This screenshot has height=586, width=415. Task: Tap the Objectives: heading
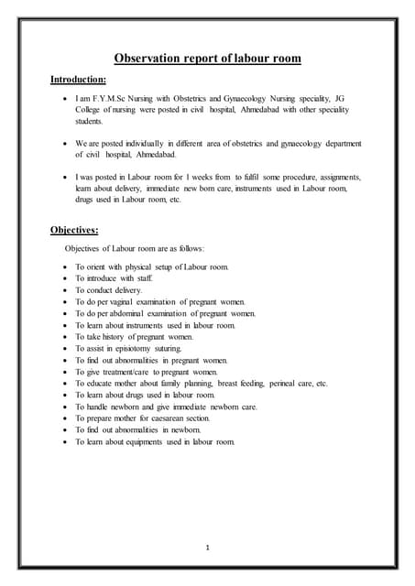tap(74, 230)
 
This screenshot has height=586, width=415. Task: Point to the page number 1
tap(208, 548)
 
